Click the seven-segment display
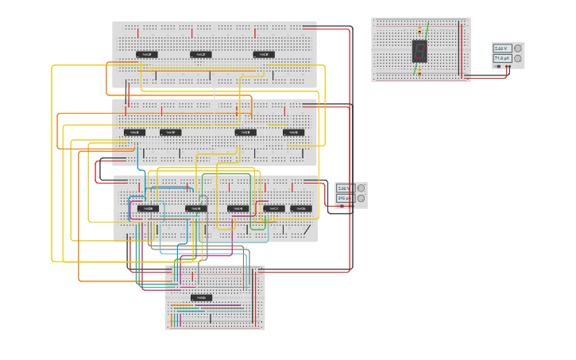tap(420, 52)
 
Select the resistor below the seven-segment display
tap(418, 69)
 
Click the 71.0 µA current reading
tap(501, 58)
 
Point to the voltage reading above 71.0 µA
tap(501, 48)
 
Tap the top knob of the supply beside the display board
tap(518, 48)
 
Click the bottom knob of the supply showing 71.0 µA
tap(518, 58)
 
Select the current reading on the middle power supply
tap(343, 198)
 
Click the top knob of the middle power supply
tap(361, 188)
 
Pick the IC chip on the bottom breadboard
tap(201, 298)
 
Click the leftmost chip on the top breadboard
tap(146, 55)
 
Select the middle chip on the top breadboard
tap(201, 55)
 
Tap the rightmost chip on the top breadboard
tap(264, 55)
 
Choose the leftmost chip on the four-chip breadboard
tap(134, 133)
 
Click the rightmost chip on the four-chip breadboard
tap(293, 133)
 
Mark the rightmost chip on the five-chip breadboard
tap(301, 208)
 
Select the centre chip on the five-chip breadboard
tap(238, 209)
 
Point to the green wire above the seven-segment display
tap(427, 30)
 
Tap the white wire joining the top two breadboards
tap(215, 95)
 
